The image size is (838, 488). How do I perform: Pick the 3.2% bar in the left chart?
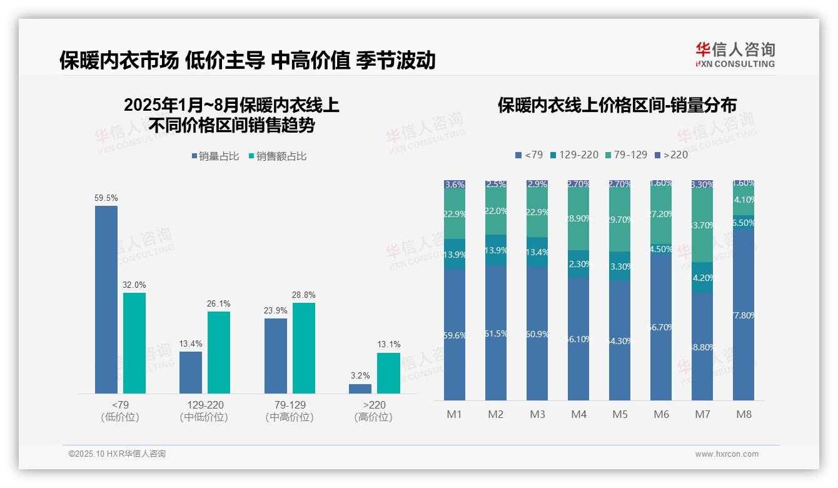pyautogui.click(x=360, y=389)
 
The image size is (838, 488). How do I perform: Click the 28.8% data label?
pyautogui.click(x=304, y=295)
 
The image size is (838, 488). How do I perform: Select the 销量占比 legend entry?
pyautogui.click(x=215, y=156)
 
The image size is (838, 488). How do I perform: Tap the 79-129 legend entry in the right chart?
pyautogui.click(x=626, y=155)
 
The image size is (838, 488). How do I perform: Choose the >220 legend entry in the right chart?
pyautogui.click(x=670, y=155)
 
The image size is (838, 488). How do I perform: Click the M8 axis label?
pyautogui.click(x=744, y=414)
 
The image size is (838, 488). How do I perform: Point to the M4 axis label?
pyautogui.click(x=578, y=414)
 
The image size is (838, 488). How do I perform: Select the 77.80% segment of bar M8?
pyautogui.click(x=744, y=315)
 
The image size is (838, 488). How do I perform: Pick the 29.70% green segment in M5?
pyautogui.click(x=620, y=220)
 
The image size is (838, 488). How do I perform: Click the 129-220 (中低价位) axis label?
pyautogui.click(x=204, y=411)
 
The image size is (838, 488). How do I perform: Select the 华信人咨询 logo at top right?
pyautogui.click(x=735, y=55)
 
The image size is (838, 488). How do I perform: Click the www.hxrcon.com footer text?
pyautogui.click(x=727, y=454)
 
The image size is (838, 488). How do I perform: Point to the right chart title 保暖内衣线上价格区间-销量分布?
pyautogui.click(x=617, y=105)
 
